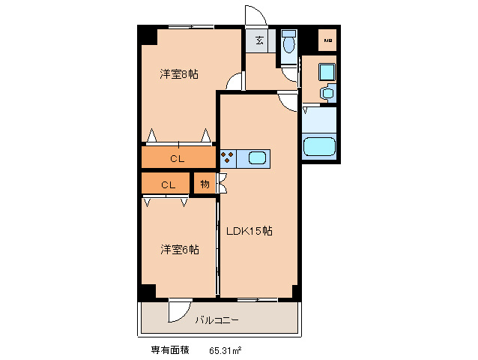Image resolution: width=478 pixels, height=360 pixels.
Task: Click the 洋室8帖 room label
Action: [x=178, y=74]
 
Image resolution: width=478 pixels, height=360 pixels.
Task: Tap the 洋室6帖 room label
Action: [x=179, y=250]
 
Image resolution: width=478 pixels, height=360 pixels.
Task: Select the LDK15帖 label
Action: [x=249, y=231]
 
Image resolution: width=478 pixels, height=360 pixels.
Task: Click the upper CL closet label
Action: [x=176, y=158]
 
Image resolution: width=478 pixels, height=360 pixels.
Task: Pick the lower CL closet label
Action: [x=168, y=184]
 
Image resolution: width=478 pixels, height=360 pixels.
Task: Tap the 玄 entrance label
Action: [x=258, y=41]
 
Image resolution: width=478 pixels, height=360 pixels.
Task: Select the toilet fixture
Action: [x=289, y=43]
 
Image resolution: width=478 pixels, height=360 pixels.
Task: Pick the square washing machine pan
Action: [x=326, y=72]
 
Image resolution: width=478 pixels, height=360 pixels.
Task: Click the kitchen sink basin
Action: [x=256, y=158]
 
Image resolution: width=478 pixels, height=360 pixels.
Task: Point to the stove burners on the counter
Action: [x=228, y=158]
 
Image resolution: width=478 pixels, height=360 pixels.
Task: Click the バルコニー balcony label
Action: [x=217, y=320]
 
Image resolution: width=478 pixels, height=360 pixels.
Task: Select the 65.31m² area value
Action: [x=225, y=350]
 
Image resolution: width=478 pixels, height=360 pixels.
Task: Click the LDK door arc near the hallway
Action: [x=287, y=100]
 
